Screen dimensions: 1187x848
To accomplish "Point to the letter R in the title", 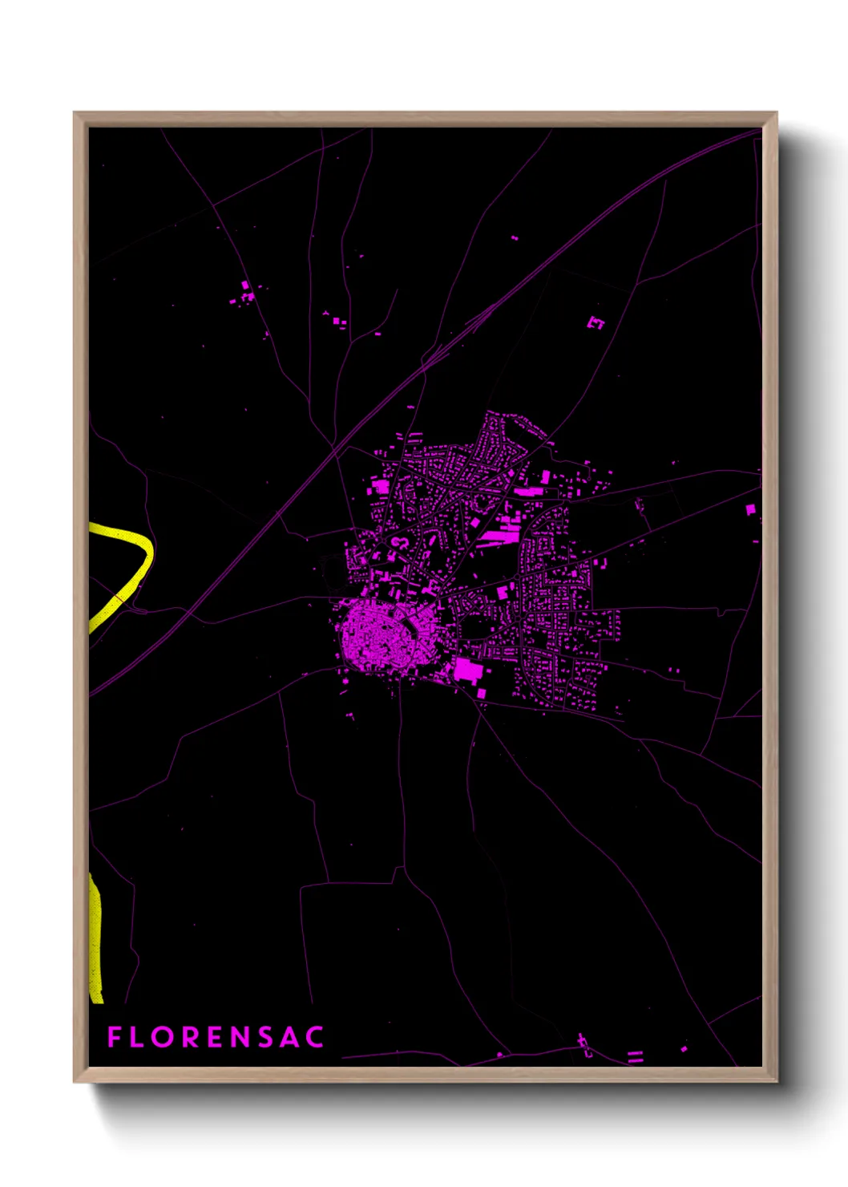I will [192, 1037].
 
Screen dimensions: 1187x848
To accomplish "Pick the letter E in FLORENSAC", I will [216, 1037].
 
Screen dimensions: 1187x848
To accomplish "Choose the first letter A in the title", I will [290, 1037].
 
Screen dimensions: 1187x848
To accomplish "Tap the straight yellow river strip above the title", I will [95, 938].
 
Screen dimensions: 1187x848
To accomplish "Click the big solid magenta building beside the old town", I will [467, 669].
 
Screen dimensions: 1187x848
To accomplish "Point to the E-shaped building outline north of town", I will [596, 322].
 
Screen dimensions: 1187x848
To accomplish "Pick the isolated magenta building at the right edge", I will [750, 509].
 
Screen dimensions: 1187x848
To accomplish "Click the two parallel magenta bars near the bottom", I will [635, 1056].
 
